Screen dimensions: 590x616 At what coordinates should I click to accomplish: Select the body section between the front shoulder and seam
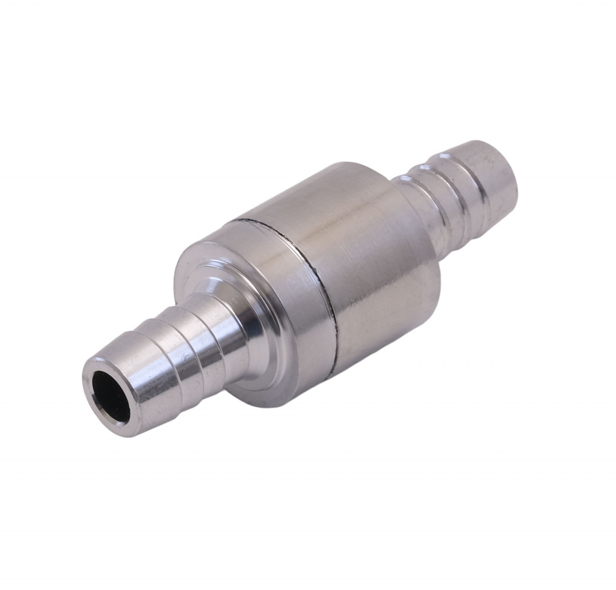pos(277,289)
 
